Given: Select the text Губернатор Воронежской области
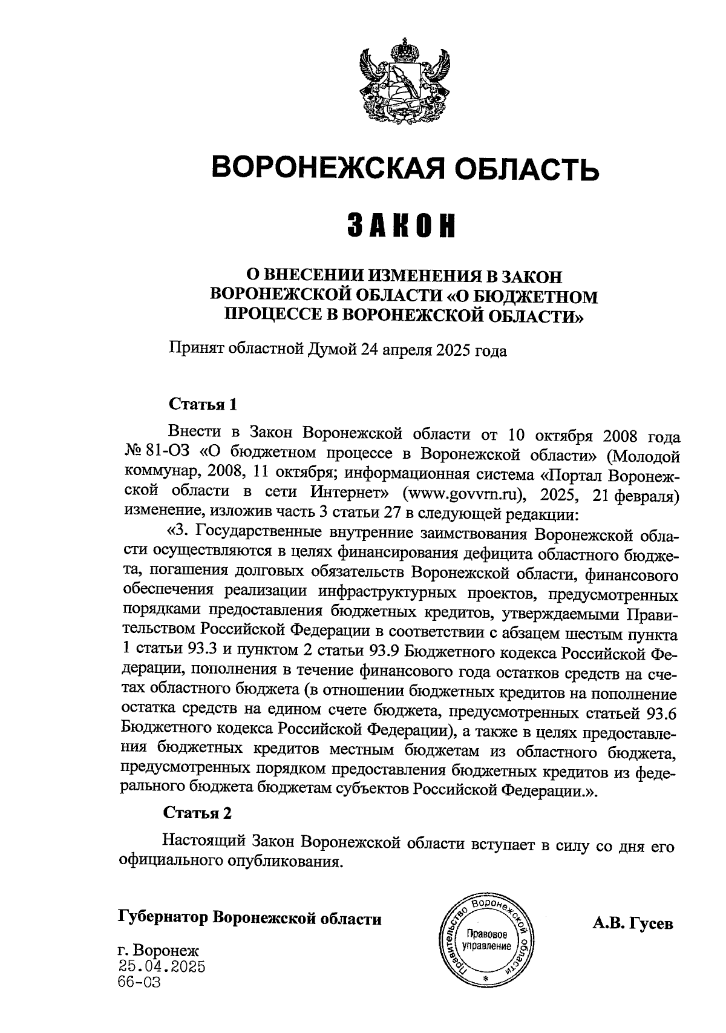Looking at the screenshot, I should pos(250,918).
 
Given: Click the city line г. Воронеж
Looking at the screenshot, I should pos(159,950).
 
